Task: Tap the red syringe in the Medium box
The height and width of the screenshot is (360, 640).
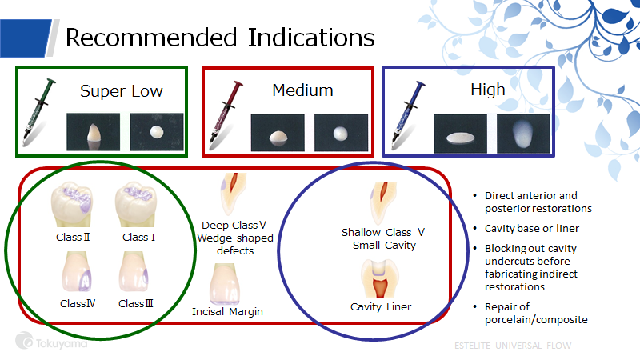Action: tap(225, 112)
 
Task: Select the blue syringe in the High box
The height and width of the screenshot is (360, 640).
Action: tap(407, 112)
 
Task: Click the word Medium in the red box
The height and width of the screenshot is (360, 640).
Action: tap(302, 90)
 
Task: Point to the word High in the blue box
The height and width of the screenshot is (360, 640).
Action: tap(488, 90)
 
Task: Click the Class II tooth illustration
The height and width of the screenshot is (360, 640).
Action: tap(72, 204)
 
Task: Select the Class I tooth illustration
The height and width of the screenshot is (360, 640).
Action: tap(136, 204)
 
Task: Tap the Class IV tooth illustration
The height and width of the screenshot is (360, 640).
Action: tap(77, 271)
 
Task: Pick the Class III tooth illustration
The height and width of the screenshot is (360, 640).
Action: tap(134, 271)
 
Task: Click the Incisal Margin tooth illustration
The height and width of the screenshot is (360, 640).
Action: tap(225, 284)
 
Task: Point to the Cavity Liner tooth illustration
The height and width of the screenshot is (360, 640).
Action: tap(379, 278)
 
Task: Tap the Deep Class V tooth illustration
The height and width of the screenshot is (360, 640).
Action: tap(234, 194)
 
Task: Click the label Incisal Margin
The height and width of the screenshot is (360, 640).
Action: tap(227, 312)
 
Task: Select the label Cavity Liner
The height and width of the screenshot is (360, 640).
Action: tap(381, 307)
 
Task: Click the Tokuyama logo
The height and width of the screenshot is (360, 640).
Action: tap(51, 342)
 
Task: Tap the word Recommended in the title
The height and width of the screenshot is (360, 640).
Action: tap(151, 38)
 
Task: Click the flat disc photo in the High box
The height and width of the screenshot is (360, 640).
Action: tap(460, 134)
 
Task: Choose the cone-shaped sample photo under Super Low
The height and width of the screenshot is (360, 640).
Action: tap(93, 132)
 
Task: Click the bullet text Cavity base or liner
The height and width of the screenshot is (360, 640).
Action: tap(531, 229)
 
